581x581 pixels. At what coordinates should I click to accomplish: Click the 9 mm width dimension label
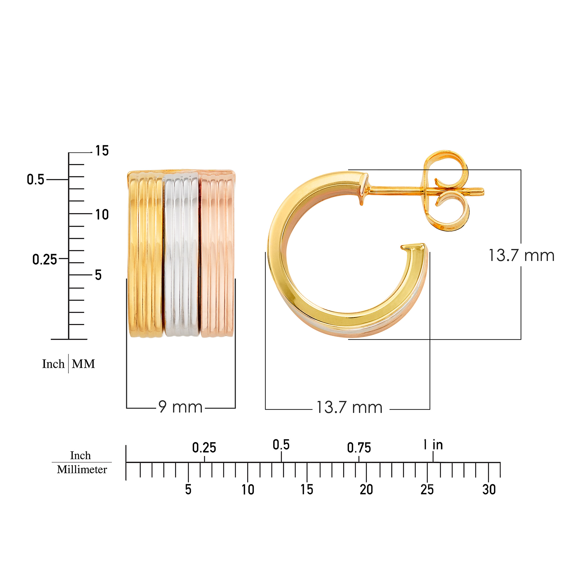pyautogui.click(x=180, y=407)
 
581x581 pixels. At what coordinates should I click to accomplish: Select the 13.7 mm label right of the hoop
pyautogui.click(x=521, y=256)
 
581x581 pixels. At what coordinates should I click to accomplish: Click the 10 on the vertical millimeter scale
pyautogui.click(x=102, y=215)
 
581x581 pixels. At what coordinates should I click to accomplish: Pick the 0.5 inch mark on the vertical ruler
pyautogui.click(x=36, y=180)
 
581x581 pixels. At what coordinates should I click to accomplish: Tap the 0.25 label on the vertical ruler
pyautogui.click(x=45, y=259)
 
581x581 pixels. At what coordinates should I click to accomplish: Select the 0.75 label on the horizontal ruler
pyautogui.click(x=359, y=448)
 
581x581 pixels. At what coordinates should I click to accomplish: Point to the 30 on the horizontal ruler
pyautogui.click(x=489, y=489)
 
